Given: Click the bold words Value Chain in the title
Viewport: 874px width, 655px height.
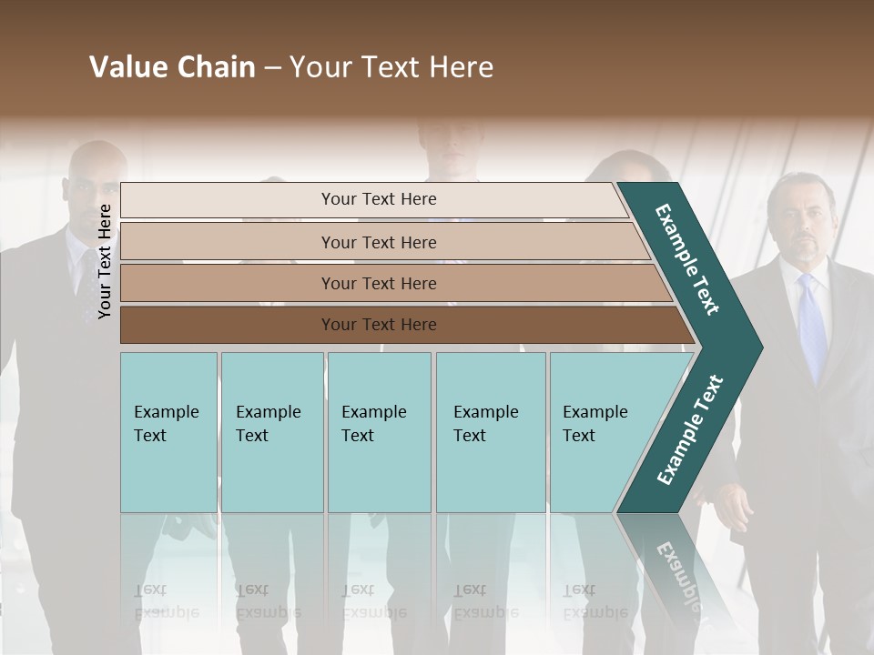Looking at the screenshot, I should pos(172,67).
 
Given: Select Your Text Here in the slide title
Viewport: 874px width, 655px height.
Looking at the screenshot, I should pos(391,67).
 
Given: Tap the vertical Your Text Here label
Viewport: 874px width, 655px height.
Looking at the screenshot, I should pos(105,261).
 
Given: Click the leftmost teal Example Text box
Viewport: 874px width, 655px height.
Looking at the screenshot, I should pos(168,432).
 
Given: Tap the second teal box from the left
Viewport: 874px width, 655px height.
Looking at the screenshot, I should pos(272,432).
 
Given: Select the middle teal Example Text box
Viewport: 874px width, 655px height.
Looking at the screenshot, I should pos(379,432).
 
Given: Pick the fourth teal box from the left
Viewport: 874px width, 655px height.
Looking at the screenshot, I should pos(491,432).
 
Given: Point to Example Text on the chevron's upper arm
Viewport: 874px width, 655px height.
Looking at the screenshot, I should pos(687,259).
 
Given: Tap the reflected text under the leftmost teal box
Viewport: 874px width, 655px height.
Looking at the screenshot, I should pos(166,602).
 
